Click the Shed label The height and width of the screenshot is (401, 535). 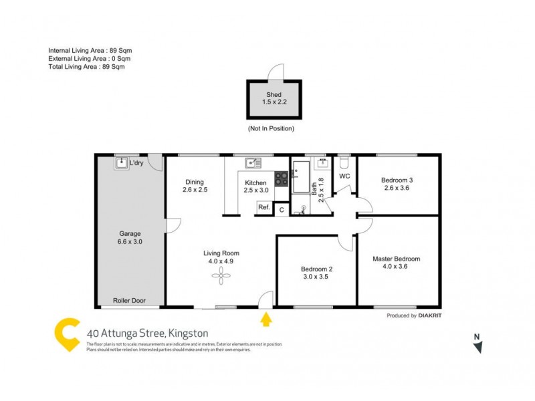(x=274, y=95)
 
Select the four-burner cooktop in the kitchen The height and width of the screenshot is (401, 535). (x=282, y=178)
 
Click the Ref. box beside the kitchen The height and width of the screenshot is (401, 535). (x=264, y=208)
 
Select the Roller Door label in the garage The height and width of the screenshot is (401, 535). (x=129, y=301)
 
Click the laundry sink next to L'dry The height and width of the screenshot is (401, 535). (x=121, y=162)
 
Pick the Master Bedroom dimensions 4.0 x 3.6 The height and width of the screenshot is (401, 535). (x=397, y=267)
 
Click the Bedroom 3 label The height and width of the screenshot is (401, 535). (x=397, y=180)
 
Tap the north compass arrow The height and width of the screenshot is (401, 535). (x=477, y=346)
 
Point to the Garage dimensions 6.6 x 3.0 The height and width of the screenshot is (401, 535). (x=130, y=242)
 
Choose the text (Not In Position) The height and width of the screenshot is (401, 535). (x=271, y=128)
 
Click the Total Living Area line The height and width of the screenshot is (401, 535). (x=86, y=66)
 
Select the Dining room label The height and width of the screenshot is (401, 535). (x=195, y=182)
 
